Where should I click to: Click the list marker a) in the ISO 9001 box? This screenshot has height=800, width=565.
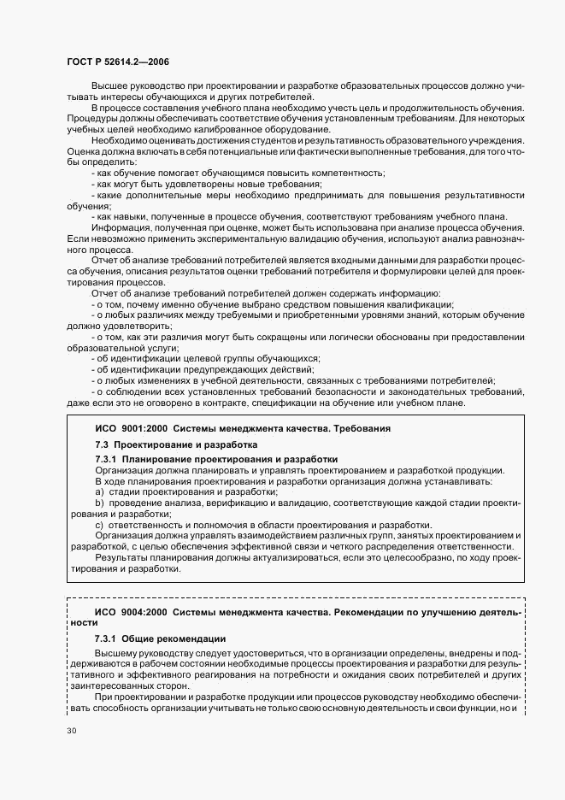click(x=99, y=492)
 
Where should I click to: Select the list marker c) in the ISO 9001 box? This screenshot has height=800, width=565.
click(x=99, y=525)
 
